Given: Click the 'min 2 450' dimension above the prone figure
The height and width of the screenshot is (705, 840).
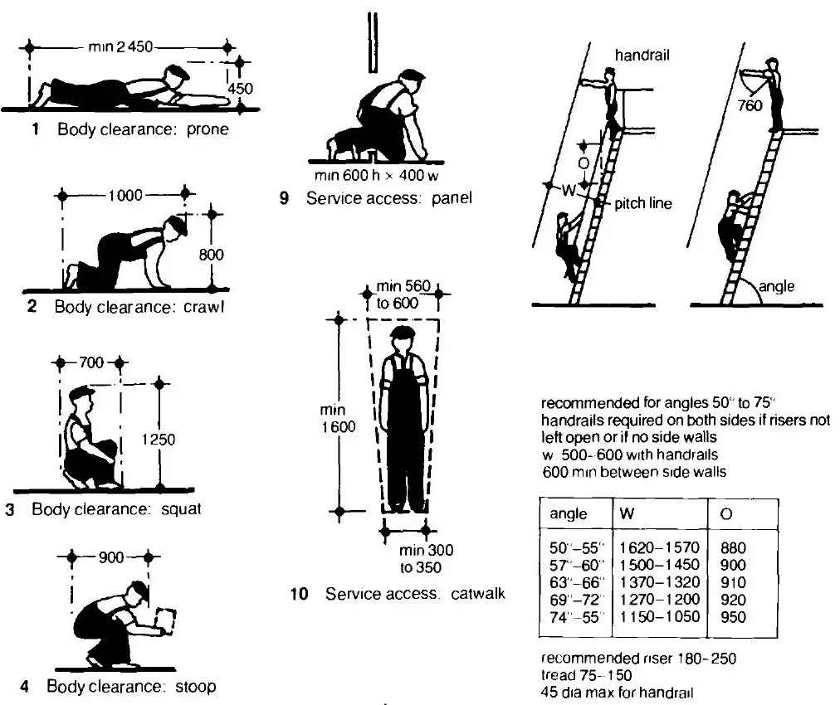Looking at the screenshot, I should point(120,47).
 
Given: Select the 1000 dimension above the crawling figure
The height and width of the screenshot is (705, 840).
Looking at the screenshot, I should point(125,196).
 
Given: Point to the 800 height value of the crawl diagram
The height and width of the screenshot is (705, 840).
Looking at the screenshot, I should point(212,255).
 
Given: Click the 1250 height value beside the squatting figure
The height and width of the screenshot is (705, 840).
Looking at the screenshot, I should point(159,440).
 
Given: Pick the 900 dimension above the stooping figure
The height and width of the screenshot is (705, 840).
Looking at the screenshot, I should point(110,556).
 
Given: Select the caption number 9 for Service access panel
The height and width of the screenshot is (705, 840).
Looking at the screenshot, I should point(285,199).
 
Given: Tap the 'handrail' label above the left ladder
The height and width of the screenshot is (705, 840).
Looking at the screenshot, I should point(642,56).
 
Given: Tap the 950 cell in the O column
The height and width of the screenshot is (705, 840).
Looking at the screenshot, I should point(735,617).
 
